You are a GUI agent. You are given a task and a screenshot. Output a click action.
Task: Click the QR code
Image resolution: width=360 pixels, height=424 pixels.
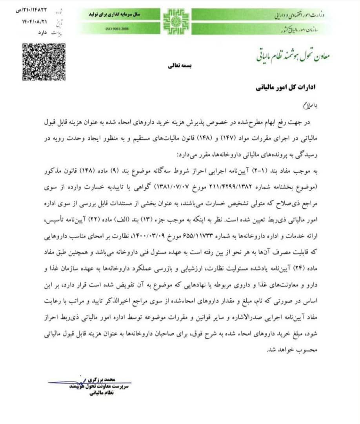pos(43,62)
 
